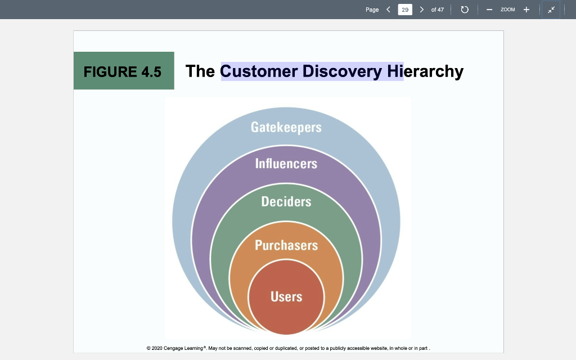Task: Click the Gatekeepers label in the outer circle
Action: (286, 127)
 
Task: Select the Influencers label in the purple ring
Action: (286, 164)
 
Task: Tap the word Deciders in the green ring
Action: (286, 201)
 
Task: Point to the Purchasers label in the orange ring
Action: (286, 245)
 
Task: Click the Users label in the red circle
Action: (286, 296)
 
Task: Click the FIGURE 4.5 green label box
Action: (123, 71)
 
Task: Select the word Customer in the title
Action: (259, 71)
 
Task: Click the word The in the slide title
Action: (200, 71)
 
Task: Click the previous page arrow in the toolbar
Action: (388, 10)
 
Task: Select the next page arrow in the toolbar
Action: (421, 10)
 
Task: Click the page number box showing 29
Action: (404, 10)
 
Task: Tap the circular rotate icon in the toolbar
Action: (465, 10)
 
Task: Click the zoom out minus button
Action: (489, 10)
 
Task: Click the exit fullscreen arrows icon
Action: (551, 10)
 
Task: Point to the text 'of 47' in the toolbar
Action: (437, 10)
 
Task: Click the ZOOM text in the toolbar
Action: (507, 10)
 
